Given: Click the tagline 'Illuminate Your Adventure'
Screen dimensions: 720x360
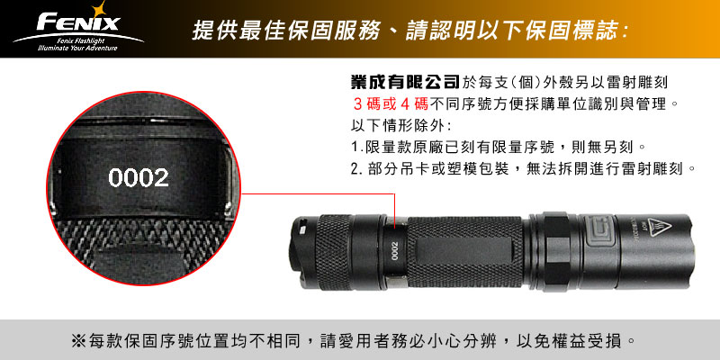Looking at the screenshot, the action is click(x=78, y=48).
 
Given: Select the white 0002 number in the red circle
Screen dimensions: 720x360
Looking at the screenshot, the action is click(x=139, y=177).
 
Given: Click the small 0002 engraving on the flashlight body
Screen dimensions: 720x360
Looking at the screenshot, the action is click(x=395, y=252).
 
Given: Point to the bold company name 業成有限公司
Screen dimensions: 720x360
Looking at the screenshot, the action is click(x=405, y=82).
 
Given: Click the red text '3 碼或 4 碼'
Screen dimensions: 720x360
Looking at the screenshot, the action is click(x=391, y=104).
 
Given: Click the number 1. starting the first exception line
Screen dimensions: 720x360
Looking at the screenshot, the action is click(x=357, y=148).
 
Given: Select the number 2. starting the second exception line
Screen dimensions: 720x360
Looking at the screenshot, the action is click(x=357, y=169).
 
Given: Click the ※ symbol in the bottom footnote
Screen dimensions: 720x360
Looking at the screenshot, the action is click(x=77, y=341).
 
